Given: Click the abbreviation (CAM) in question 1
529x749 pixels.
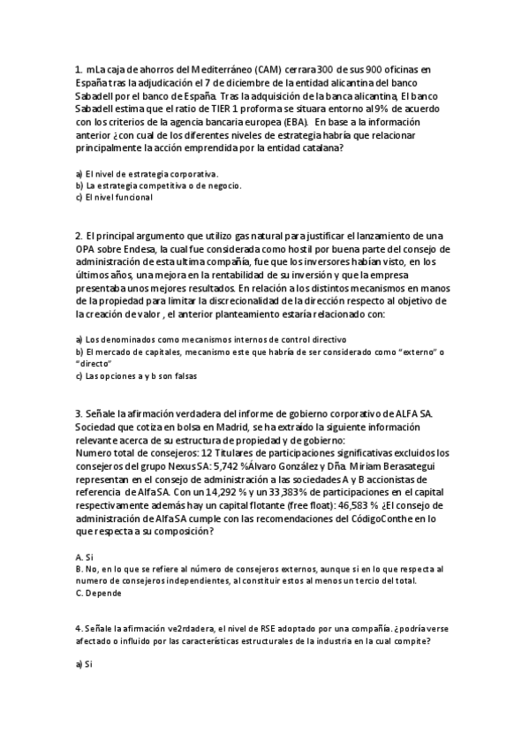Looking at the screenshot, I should pos(273,70).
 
